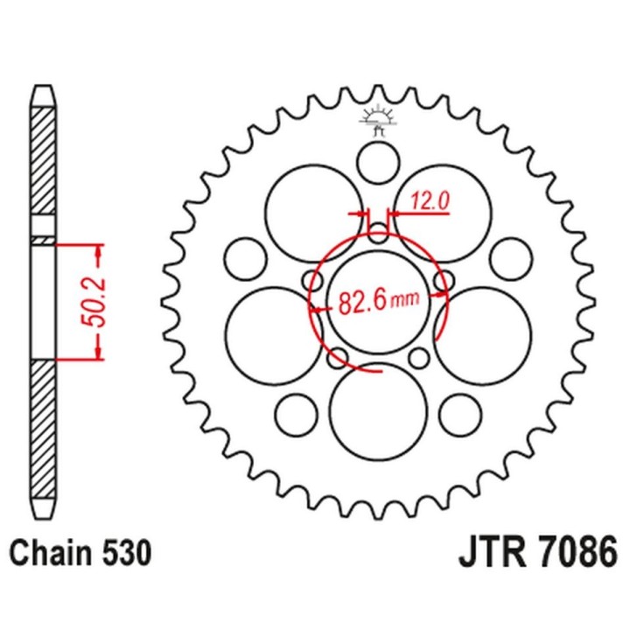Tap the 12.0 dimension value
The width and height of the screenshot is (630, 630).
point(429,201)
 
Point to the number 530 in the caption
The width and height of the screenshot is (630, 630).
point(128,553)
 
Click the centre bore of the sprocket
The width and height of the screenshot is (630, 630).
point(379,302)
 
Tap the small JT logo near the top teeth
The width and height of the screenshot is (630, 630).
point(379,120)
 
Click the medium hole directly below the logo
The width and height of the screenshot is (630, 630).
point(379,164)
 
